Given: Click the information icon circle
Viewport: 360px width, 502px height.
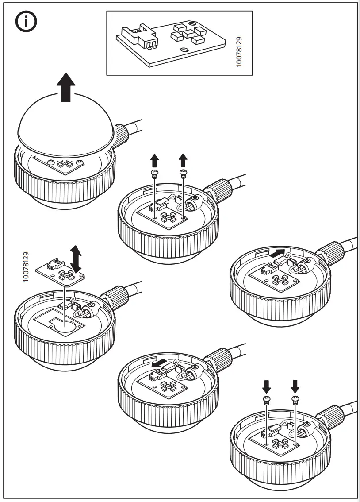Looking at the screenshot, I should pyautogui.click(x=27, y=23).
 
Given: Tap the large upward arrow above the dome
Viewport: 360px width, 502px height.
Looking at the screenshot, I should pyautogui.click(x=66, y=88).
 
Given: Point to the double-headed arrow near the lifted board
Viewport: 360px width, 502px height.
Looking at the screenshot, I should pyautogui.click(x=76, y=259).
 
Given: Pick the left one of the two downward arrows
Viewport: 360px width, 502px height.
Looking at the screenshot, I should pyautogui.click(x=267, y=387).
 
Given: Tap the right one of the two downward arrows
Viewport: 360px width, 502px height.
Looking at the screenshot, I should pyautogui.click(x=295, y=387).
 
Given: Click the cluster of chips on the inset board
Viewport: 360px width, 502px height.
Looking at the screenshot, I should pyautogui.click(x=189, y=33).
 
